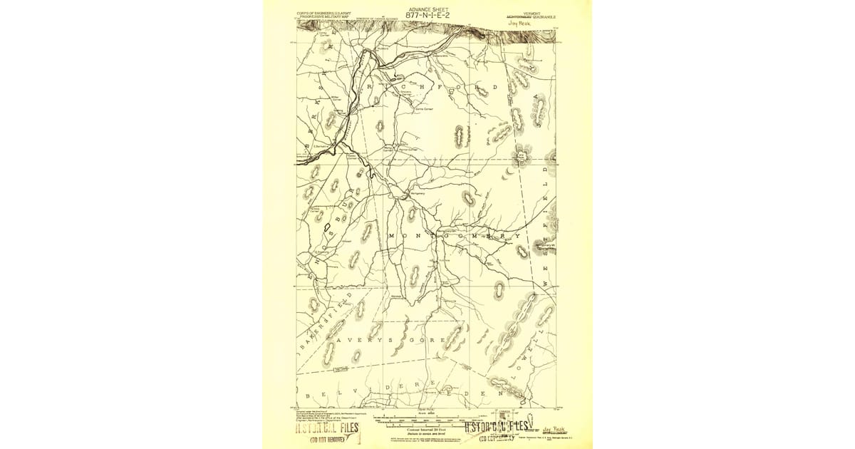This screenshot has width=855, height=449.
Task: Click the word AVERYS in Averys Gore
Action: point(363,341)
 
